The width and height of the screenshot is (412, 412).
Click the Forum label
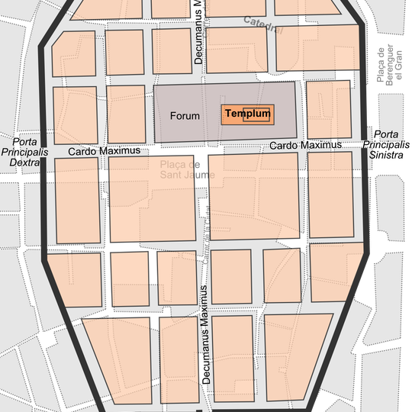185,116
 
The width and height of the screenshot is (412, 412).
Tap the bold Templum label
248,114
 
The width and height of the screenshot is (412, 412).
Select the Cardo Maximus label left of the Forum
104,151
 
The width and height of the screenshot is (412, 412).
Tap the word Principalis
24,152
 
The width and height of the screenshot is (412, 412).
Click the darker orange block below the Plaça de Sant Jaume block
130,279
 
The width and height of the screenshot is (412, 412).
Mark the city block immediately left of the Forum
125,114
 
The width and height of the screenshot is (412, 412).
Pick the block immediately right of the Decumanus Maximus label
232,356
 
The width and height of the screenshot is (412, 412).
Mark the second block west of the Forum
75,114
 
